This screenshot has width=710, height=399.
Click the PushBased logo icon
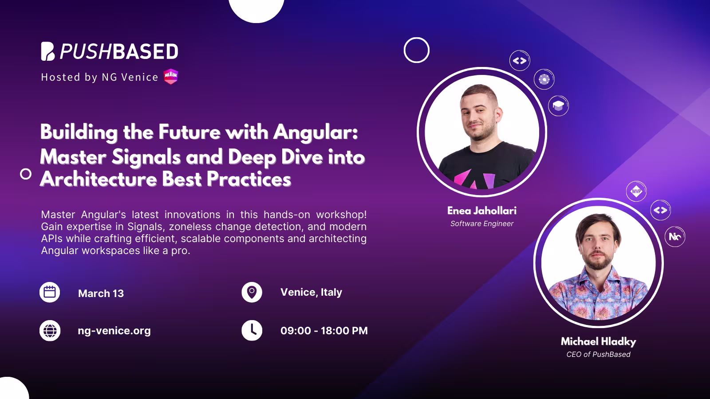pyautogui.click(x=48, y=51)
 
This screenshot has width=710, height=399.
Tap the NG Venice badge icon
pyautogui.click(x=171, y=77)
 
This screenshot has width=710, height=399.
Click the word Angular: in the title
pyautogui.click(x=316, y=133)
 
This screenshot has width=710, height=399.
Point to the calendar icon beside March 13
pyautogui.click(x=50, y=293)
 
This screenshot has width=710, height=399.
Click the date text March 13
pyautogui.click(x=101, y=293)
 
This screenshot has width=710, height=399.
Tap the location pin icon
pyautogui.click(x=252, y=292)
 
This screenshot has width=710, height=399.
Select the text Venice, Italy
pyautogui.click(x=311, y=292)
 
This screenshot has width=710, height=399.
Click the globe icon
pyautogui.click(x=50, y=331)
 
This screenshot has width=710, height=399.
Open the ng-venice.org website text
pyautogui.click(x=114, y=331)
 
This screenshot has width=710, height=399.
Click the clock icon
pyautogui.click(x=252, y=331)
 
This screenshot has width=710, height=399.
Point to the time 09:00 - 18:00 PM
pyautogui.click(x=324, y=331)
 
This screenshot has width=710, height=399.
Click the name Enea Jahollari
pyautogui.click(x=481, y=211)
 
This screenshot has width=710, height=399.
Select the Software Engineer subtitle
pyautogui.click(x=481, y=224)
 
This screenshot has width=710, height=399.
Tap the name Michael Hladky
pyautogui.click(x=598, y=341)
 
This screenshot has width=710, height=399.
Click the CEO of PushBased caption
pyautogui.click(x=598, y=354)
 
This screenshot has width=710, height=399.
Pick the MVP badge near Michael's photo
pyautogui.click(x=636, y=192)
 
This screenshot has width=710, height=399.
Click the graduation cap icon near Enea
pyautogui.click(x=558, y=106)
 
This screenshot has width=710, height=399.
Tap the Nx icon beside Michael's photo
pyautogui.click(x=675, y=237)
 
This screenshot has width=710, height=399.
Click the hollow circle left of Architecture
pyautogui.click(x=26, y=174)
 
